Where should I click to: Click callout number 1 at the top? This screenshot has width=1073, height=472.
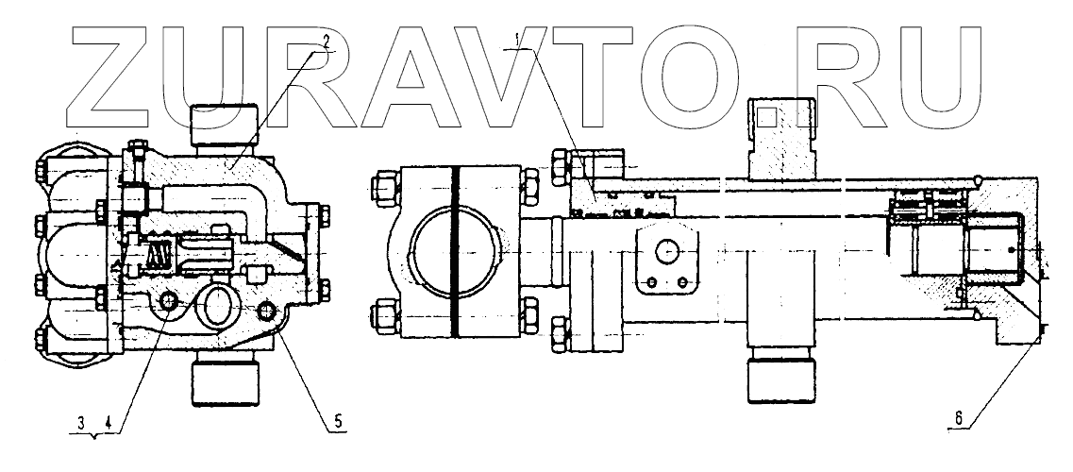(x=516, y=41)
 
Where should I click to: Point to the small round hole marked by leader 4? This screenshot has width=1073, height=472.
(x=170, y=301)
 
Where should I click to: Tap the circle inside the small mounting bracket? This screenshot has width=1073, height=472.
(x=668, y=252)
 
